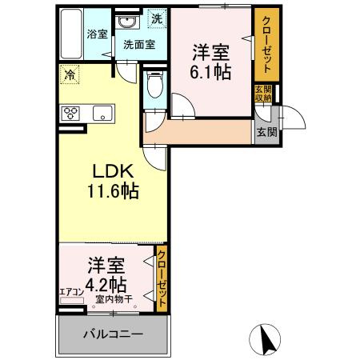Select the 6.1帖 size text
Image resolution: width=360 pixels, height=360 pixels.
pyautogui.click(x=210, y=72)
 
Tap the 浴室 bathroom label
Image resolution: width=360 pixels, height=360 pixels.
pyautogui.click(x=97, y=36)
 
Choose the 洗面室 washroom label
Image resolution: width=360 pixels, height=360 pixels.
pyautogui.click(x=138, y=45)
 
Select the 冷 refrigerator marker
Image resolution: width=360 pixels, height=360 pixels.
pyautogui.click(x=70, y=77)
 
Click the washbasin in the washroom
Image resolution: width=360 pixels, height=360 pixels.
pyautogui.click(x=127, y=21)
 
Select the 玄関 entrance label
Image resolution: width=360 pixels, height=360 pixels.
pyautogui.click(x=264, y=132)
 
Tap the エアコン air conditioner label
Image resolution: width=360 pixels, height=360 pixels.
pyautogui.click(x=70, y=293)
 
